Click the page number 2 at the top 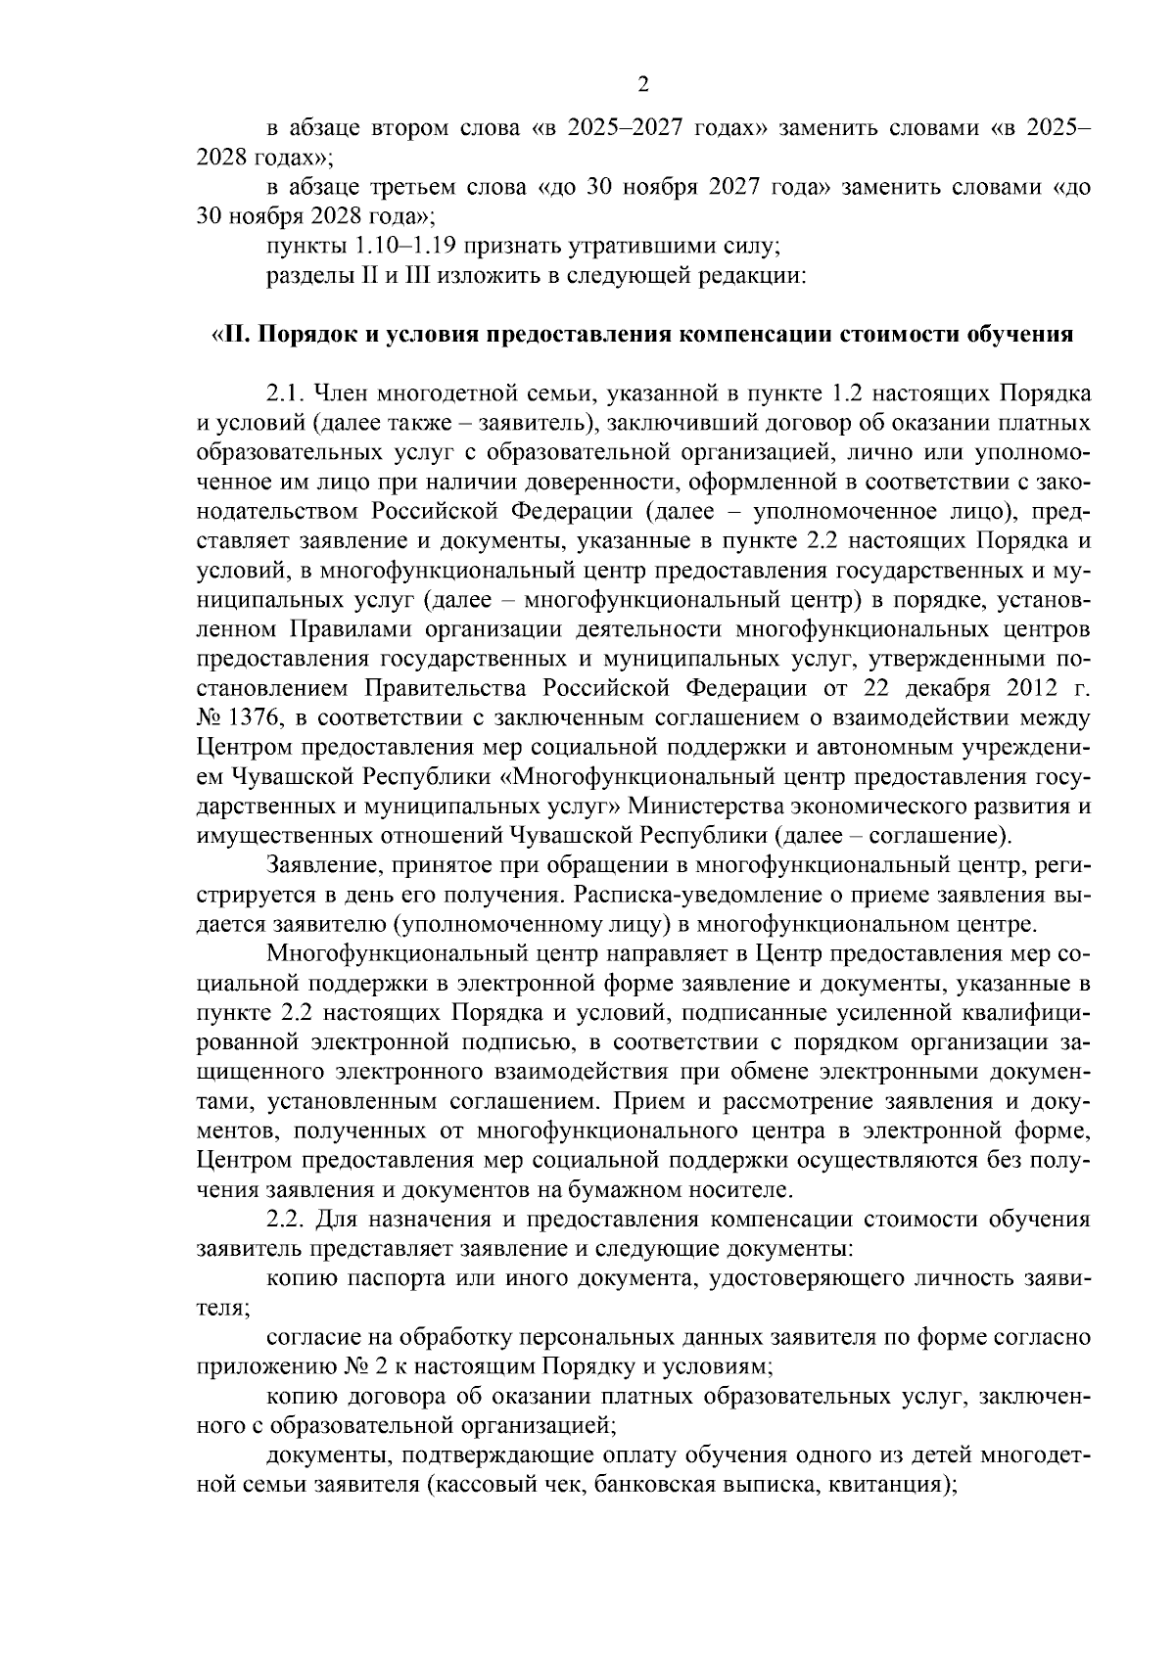coord(643,84)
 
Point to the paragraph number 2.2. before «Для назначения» coord(286,1220)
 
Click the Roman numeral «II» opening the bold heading coord(234,335)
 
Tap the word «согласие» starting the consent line coord(312,1337)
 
